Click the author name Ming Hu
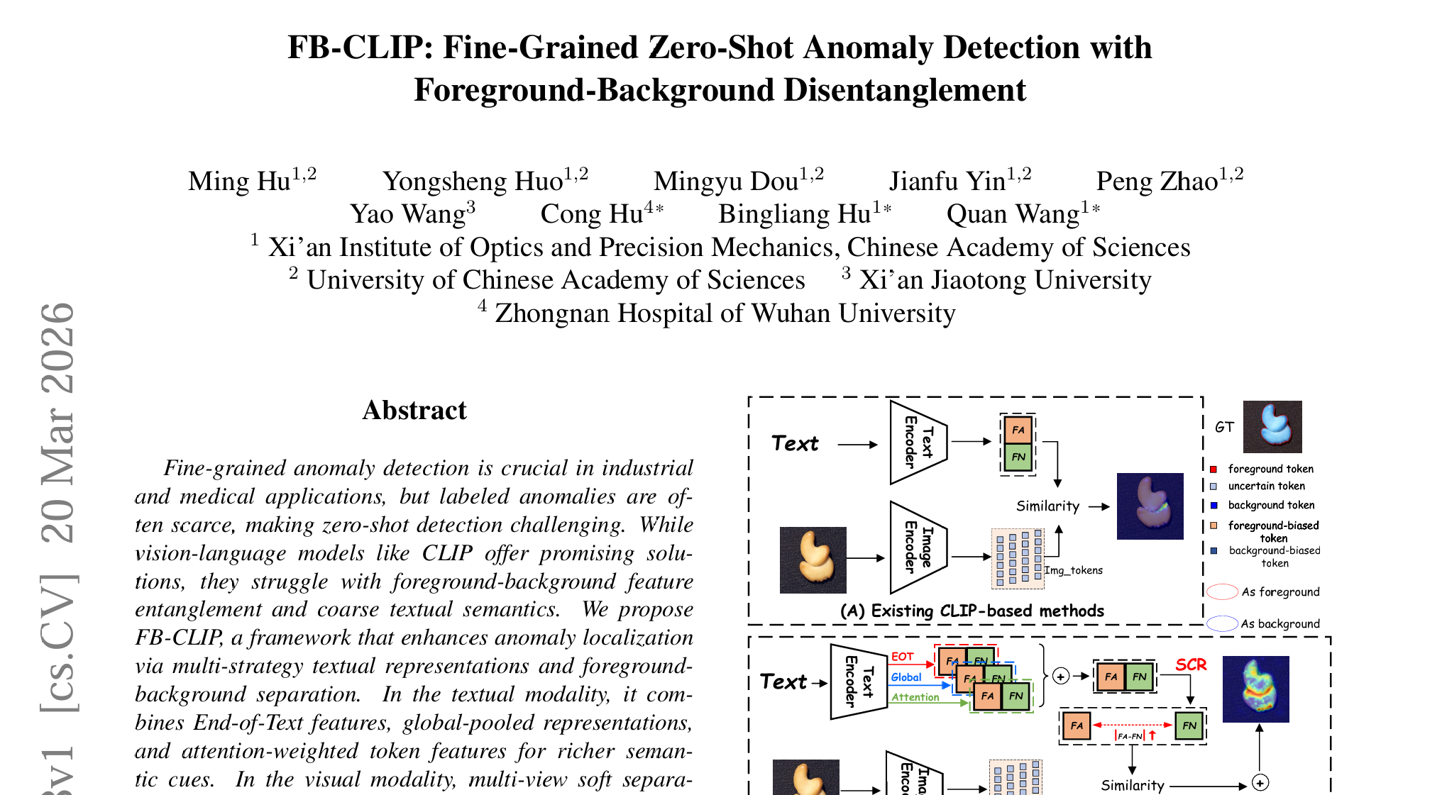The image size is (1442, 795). tap(239, 182)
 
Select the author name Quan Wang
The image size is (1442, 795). tap(1013, 214)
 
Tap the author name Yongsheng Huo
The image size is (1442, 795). tap(473, 182)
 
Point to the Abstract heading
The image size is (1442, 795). tap(414, 410)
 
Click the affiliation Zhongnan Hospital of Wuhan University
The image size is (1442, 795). tap(725, 313)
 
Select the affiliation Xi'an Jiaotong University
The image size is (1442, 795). tap(1005, 280)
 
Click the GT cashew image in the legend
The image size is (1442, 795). tap(1272, 427)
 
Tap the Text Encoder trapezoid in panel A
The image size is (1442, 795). tap(918, 443)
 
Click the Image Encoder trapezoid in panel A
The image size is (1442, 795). tap(918, 547)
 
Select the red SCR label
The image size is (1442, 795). tap(1191, 665)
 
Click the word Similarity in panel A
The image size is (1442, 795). tap(1047, 506)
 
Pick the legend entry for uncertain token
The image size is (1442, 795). tap(1266, 487)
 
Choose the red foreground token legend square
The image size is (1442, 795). tap(1213, 469)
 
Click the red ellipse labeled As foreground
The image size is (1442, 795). tap(1222, 591)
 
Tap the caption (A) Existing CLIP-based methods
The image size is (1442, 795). tap(972, 611)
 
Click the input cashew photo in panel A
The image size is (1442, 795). tap(813, 560)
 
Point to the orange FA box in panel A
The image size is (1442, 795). tap(1018, 430)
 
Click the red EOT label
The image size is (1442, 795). tap(902, 657)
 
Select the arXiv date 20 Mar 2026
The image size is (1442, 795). tap(58, 423)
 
